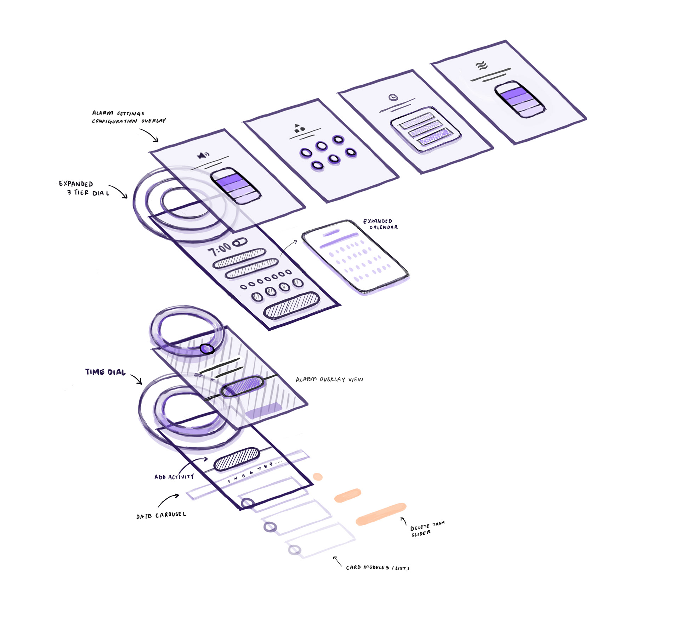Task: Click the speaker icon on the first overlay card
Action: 203,155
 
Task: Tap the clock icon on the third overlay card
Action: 393,97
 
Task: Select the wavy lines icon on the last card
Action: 481,66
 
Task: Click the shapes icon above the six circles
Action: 299,128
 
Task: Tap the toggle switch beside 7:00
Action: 240,243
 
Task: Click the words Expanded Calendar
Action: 380,224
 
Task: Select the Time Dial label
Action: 105,372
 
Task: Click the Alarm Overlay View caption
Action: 329,379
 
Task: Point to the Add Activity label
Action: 174,477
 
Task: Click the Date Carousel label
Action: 161,515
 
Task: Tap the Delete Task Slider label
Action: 427,528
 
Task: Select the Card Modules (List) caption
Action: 378,567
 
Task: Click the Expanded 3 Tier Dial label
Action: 84,188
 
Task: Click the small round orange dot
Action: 318,477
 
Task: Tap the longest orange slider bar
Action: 381,514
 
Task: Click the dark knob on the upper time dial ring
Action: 207,349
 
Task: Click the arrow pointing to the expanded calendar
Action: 289,247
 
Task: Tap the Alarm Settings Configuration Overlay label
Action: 129,117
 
